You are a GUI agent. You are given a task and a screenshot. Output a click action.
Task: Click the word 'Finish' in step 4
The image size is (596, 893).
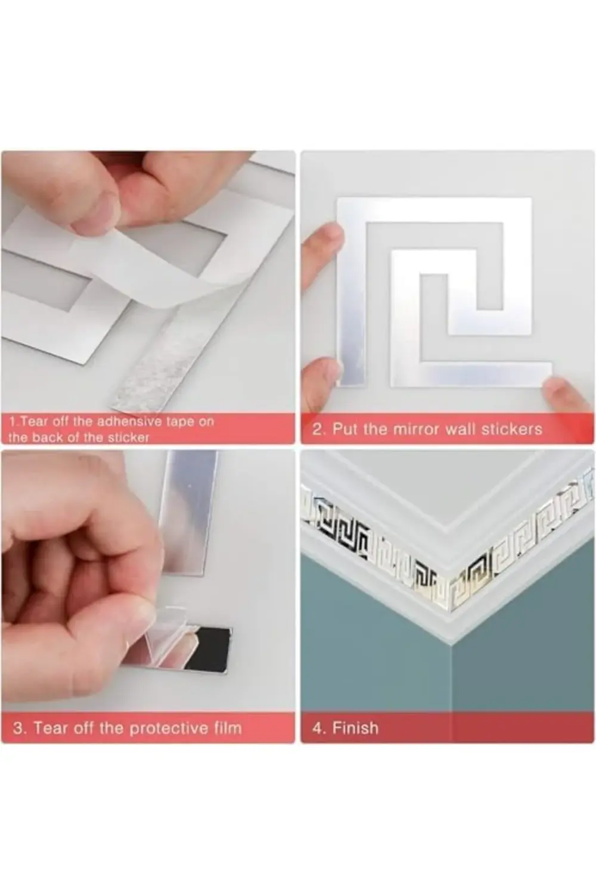[x=355, y=728]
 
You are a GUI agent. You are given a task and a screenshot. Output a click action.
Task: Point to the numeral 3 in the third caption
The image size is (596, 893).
[x=18, y=728]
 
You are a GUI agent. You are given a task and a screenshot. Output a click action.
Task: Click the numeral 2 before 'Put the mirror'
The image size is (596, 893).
[x=317, y=429]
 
